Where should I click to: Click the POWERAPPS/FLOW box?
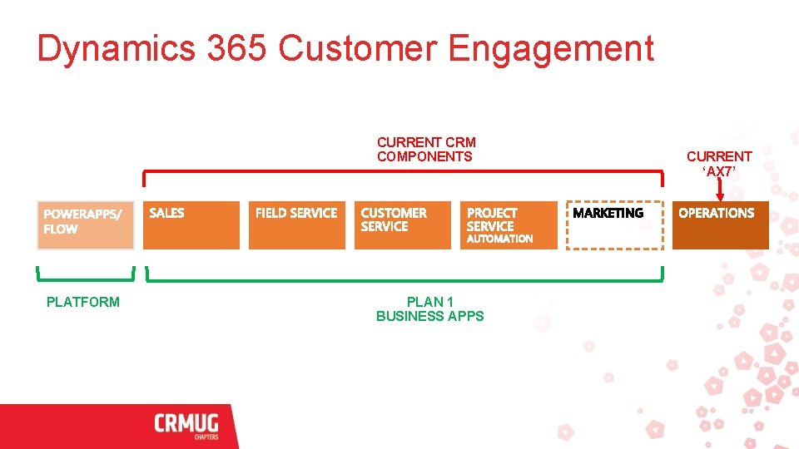coord(85,225)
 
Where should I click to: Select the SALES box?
coord(191,225)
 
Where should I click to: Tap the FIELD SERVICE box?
coord(296,225)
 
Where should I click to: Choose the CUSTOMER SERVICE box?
coord(404,225)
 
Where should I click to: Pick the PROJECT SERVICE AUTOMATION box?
coord(509,225)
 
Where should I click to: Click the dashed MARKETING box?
coord(614,225)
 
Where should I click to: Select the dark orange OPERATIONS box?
coord(720,225)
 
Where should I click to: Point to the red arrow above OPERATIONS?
coord(719,188)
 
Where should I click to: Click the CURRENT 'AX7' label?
coord(719,164)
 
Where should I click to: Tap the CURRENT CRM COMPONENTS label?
coord(426,150)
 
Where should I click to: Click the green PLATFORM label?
coord(83,302)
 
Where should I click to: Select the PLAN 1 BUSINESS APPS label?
coord(429,308)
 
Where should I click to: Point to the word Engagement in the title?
coord(551,49)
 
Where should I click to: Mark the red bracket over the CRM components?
coord(404,172)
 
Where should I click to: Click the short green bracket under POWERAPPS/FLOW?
coord(85,279)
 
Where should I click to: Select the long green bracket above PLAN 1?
coord(404,279)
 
